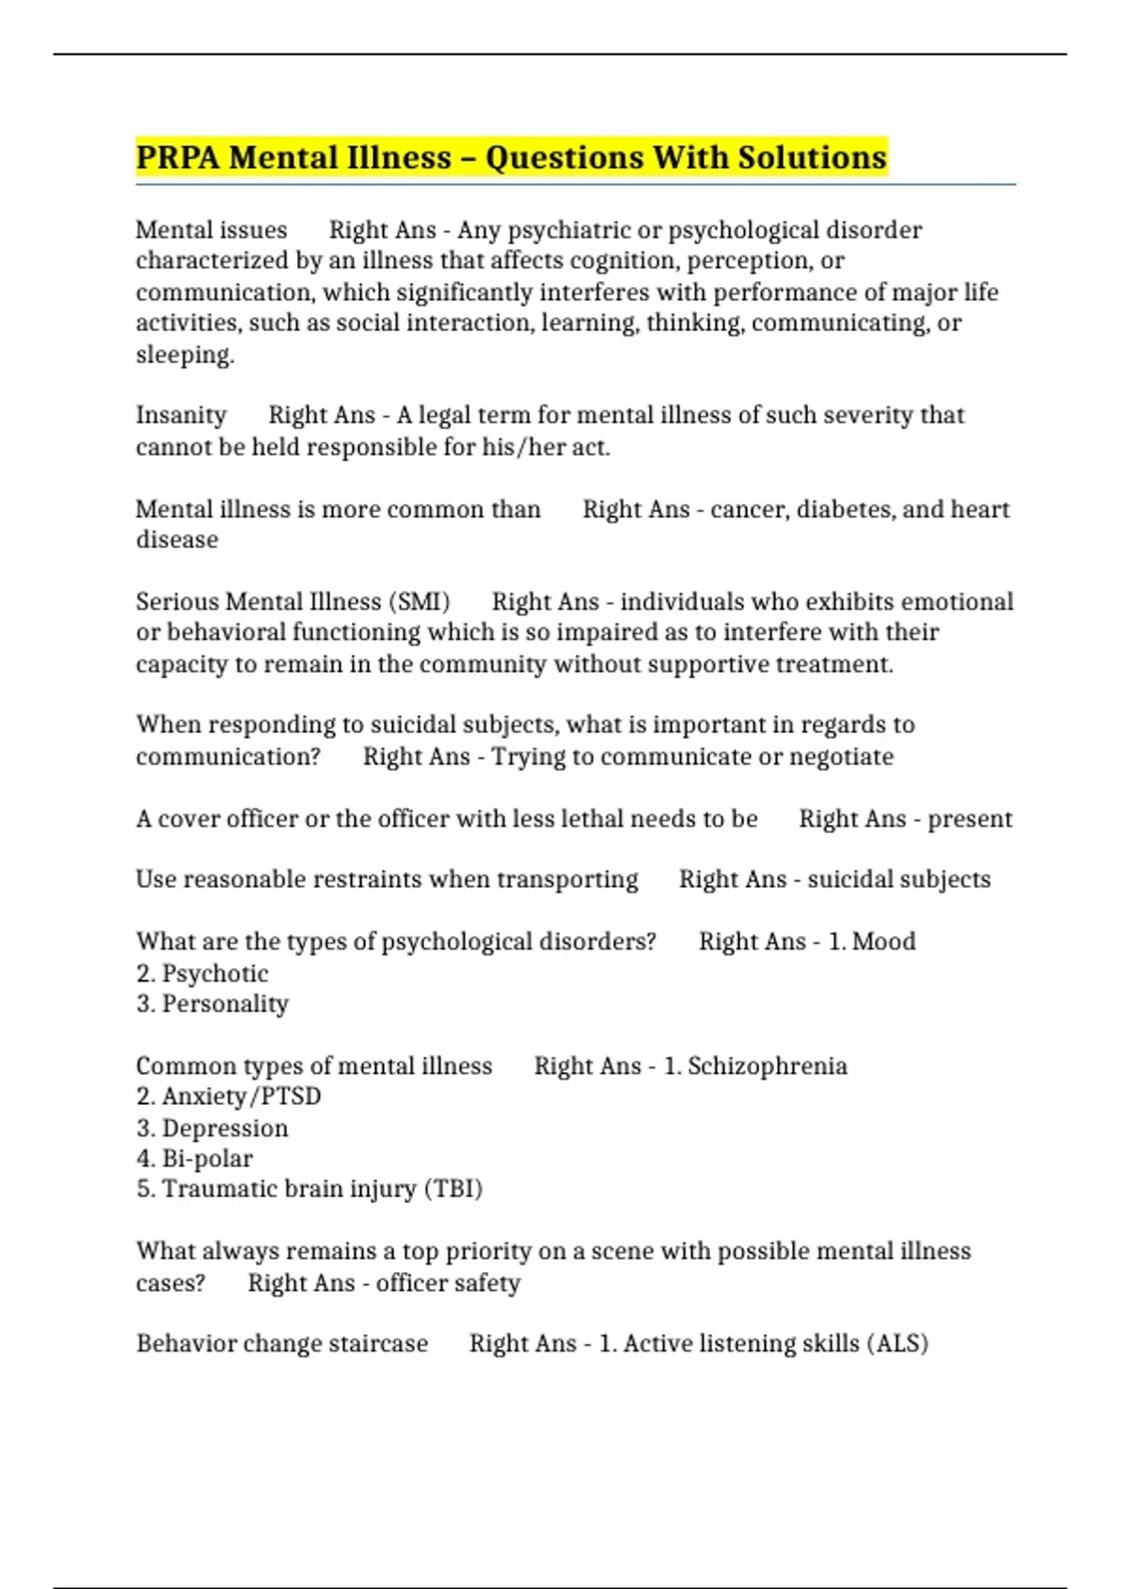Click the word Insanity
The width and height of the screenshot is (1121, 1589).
(181, 415)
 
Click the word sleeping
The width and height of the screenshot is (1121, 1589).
(184, 355)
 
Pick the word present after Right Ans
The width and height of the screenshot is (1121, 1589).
(970, 819)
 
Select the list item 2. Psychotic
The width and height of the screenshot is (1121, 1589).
(202, 973)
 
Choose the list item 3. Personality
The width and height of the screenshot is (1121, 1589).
(212, 1004)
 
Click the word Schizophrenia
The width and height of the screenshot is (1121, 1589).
(767, 1066)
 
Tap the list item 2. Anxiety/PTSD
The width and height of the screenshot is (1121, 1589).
(228, 1095)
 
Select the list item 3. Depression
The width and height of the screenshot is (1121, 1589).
(212, 1128)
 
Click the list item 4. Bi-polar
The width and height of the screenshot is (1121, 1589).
(194, 1159)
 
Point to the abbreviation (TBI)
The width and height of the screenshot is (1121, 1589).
(453, 1189)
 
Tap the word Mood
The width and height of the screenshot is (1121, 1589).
(884, 941)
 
